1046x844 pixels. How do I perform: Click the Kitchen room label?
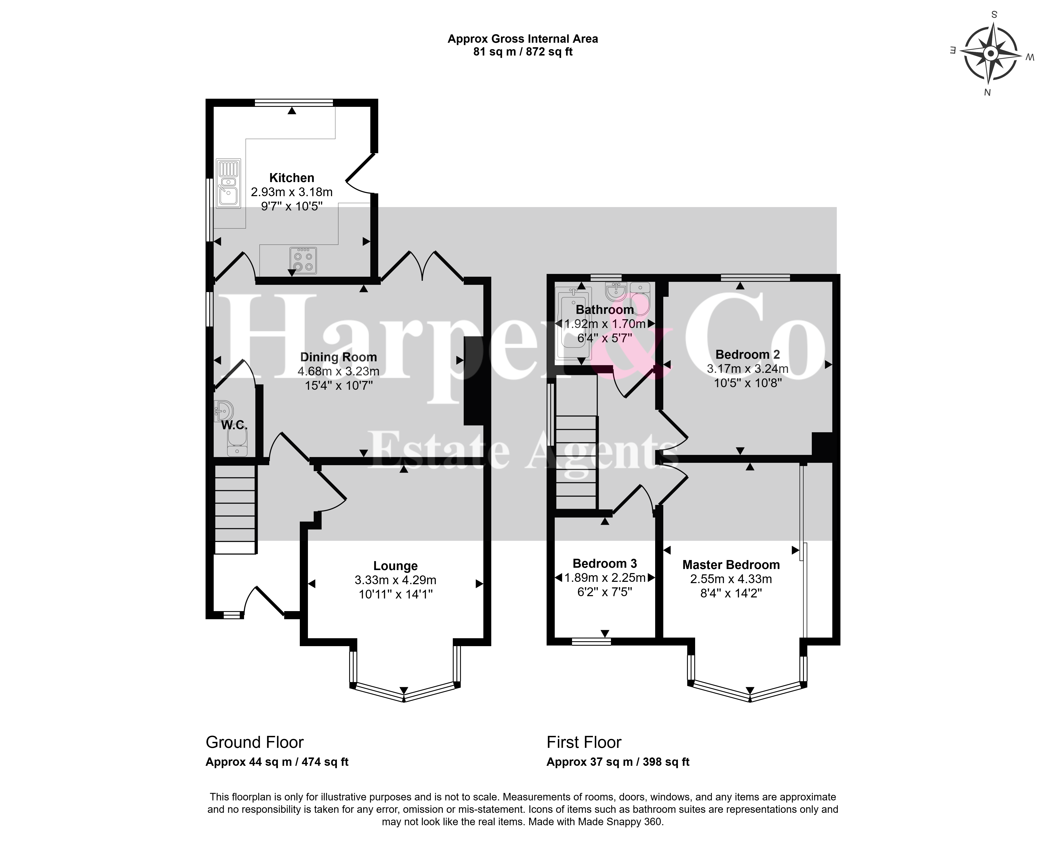pos(292,178)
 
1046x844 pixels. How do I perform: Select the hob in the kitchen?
pos(303,261)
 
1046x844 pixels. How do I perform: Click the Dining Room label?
pos(338,357)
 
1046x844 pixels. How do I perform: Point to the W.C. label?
pos(234,425)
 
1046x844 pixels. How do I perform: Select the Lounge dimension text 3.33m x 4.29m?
pos(395,580)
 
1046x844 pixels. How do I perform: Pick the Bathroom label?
pos(605,310)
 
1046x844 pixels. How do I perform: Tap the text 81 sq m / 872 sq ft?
pos(523,52)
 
